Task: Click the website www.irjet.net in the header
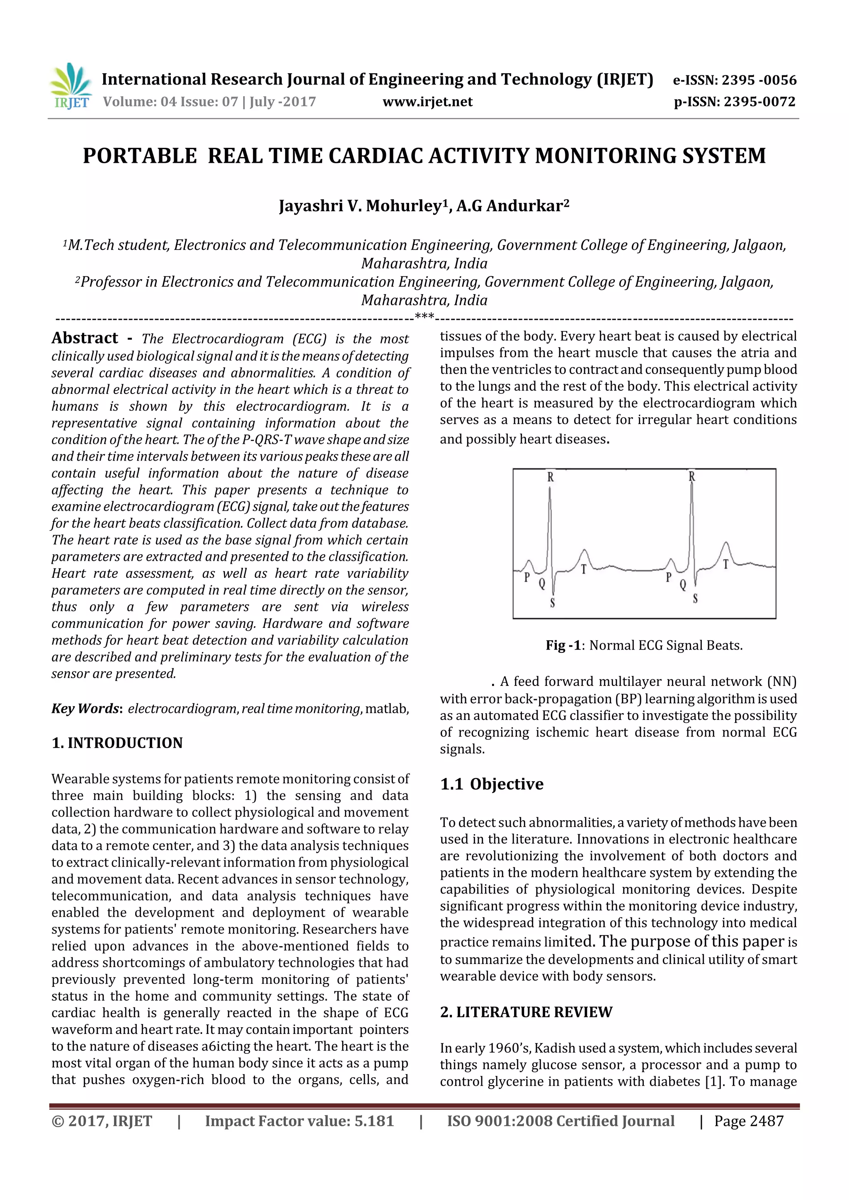click(x=427, y=102)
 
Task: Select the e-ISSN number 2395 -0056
click(x=759, y=80)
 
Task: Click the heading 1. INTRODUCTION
click(x=117, y=743)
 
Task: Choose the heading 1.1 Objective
click(x=492, y=784)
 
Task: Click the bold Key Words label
click(x=86, y=709)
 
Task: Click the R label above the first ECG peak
click(x=550, y=477)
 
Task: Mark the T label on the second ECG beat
click(x=725, y=565)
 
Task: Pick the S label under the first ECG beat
click(x=553, y=604)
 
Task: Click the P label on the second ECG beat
click(x=668, y=577)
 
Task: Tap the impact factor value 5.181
click(x=374, y=1121)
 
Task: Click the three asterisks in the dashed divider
click(x=424, y=316)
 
